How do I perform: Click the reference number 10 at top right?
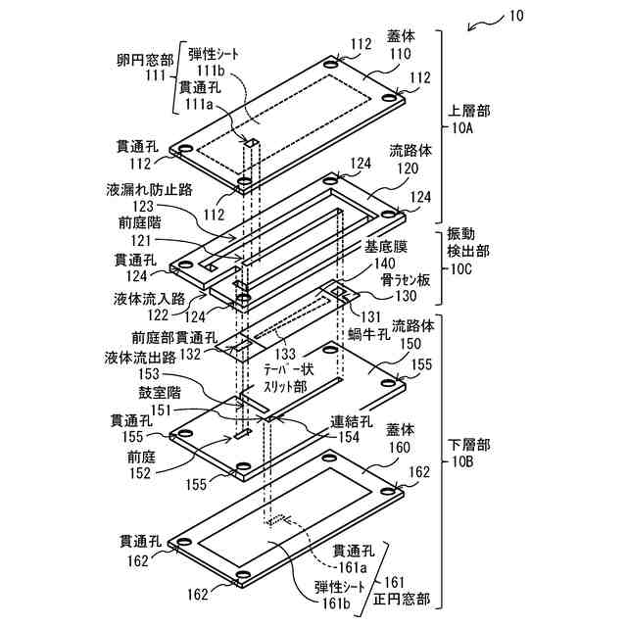pos(517,17)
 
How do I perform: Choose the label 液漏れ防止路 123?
pos(144,197)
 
